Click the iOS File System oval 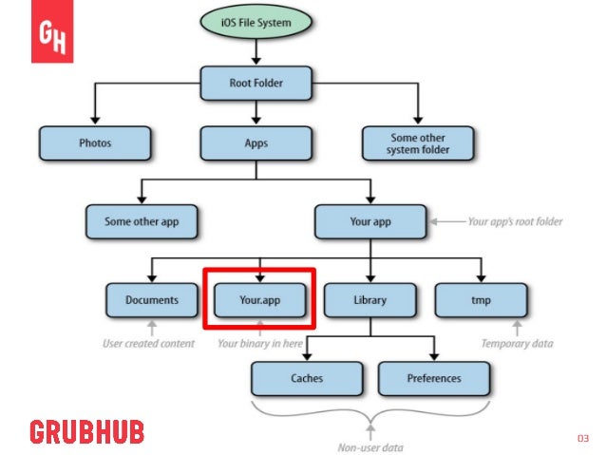click(256, 23)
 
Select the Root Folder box click(256, 83)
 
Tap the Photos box click(95, 143)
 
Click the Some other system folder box click(418, 143)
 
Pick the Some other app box click(142, 221)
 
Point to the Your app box click(370, 221)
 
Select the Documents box click(152, 300)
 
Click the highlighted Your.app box click(258, 300)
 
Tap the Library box click(369, 300)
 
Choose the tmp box click(482, 300)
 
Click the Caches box click(307, 378)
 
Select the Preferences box click(433, 378)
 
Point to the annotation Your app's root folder click(515, 222)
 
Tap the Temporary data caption click(516, 344)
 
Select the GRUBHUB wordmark click(86, 432)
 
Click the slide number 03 click(583, 438)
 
